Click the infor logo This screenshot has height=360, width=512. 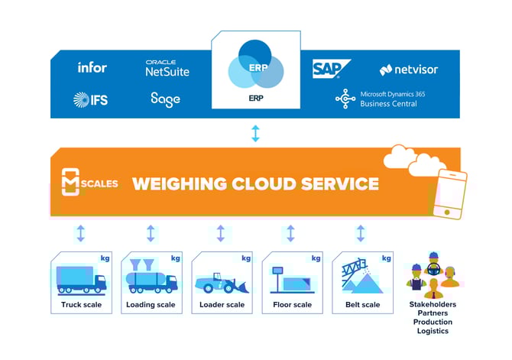coord(92,67)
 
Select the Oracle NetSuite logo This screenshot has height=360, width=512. coord(167,68)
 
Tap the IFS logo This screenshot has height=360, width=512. coord(89,99)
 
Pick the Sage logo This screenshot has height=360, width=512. coord(165,99)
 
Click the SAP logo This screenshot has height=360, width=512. coord(331,70)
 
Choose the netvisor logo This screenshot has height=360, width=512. coord(410,70)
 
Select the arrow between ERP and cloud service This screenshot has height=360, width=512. coord(255,134)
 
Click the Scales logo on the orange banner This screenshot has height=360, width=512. coord(79,183)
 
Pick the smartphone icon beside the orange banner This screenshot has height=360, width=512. coord(449,194)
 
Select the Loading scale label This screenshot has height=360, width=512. coord(151,305)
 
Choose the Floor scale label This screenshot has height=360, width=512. coord(291,305)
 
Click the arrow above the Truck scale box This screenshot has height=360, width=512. coord(81,233)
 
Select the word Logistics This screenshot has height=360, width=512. coord(432,331)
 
